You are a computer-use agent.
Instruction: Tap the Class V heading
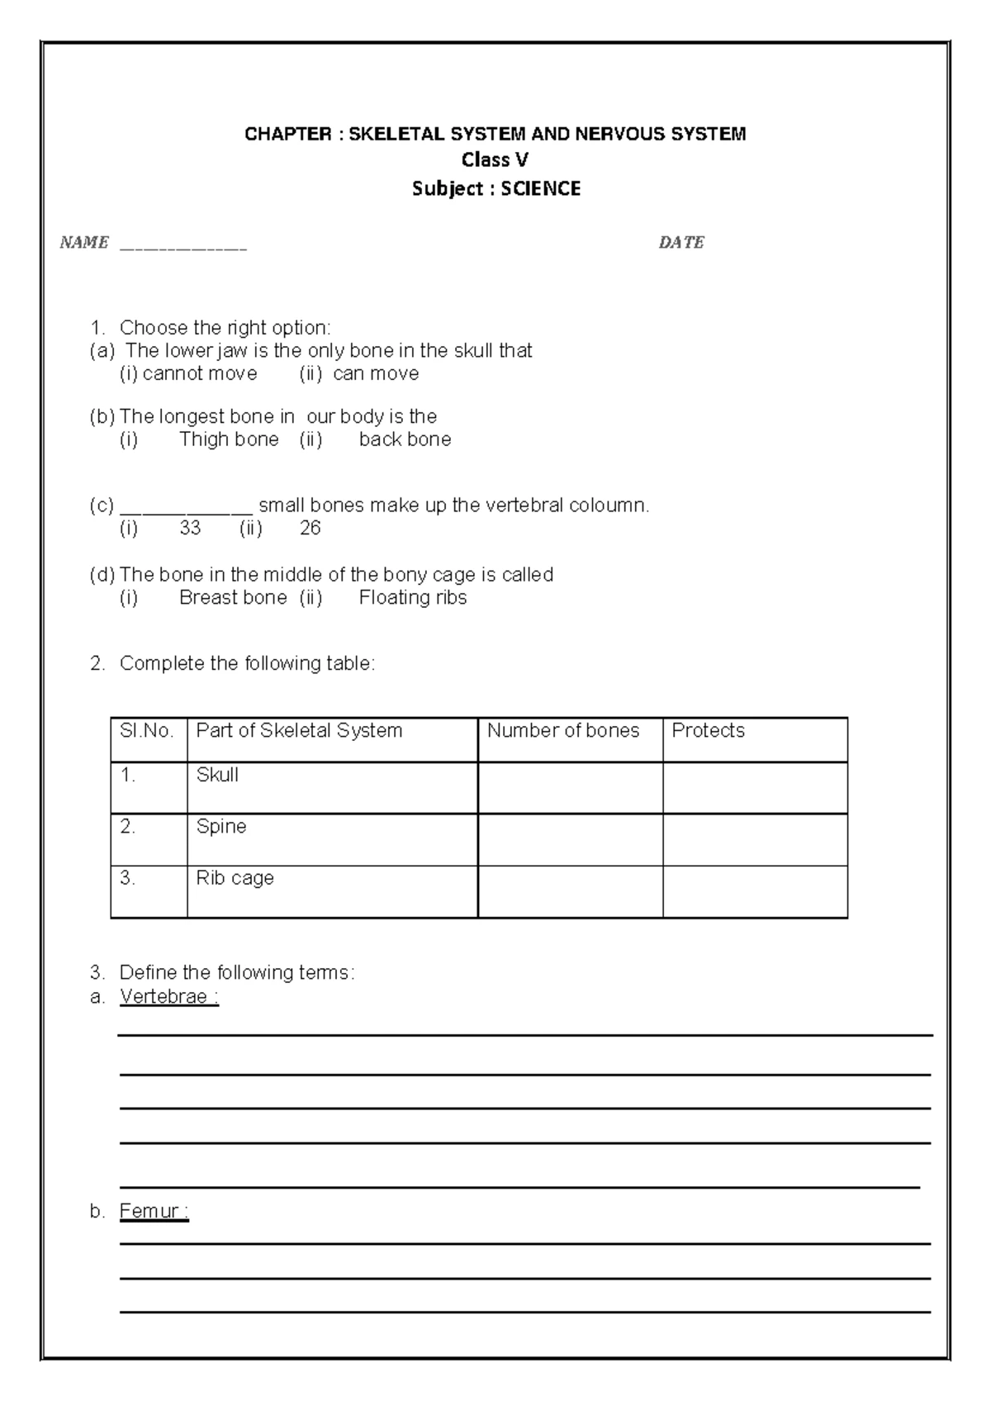tap(495, 160)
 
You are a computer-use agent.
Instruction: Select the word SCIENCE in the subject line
tap(540, 189)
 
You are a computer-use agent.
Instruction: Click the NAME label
tap(84, 243)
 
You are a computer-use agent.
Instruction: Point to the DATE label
tap(681, 243)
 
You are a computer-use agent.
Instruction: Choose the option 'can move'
tap(376, 374)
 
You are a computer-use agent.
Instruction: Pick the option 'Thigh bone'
tap(229, 439)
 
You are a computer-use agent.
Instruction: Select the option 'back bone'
tap(405, 439)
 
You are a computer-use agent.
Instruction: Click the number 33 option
tap(190, 529)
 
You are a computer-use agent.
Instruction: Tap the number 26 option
tap(310, 529)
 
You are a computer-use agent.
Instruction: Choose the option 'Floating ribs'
tap(413, 598)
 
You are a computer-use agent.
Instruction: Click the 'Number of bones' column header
tap(563, 731)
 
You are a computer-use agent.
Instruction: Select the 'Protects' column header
tap(708, 731)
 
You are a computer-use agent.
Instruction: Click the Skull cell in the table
tap(217, 776)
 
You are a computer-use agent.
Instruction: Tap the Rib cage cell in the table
tap(235, 878)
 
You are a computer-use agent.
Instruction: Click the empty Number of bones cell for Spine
tap(570, 839)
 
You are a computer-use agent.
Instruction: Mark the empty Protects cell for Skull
tap(755, 787)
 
